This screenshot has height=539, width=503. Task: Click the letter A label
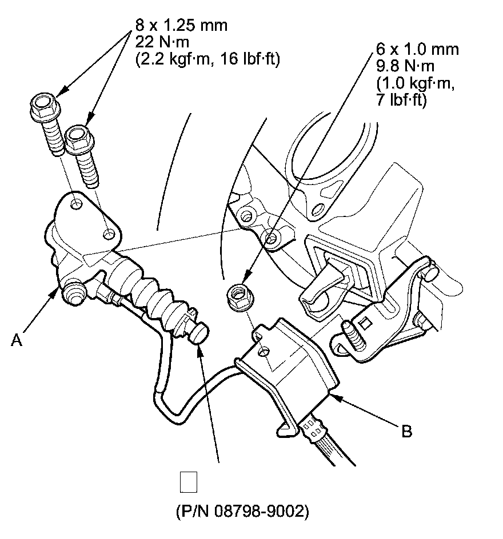17,340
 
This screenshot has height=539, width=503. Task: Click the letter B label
406,431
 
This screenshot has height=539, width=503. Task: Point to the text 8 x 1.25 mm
181,25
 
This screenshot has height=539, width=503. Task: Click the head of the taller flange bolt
43,104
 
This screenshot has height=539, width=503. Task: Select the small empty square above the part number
189,482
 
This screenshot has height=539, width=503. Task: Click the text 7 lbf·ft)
403,99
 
